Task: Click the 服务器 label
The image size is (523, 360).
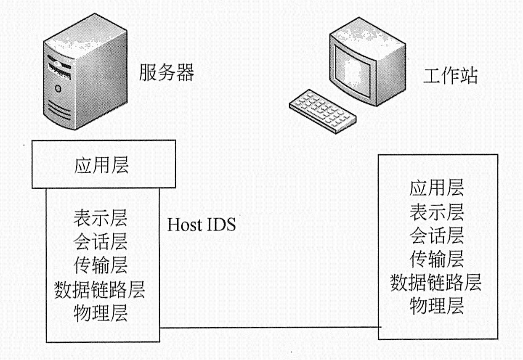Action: coord(166,73)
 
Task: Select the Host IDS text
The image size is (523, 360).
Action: coord(202,225)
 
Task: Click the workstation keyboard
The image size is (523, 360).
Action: coord(322,111)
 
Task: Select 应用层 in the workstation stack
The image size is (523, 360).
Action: coord(436,187)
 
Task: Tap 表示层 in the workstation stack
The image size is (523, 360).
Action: coord(436,212)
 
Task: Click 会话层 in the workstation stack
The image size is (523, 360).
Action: coord(436,235)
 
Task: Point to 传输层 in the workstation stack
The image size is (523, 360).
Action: coord(436,258)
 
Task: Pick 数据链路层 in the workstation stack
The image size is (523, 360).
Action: coord(436,282)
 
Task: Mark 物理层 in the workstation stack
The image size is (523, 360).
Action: coord(436,305)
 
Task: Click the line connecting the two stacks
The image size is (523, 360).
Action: coord(269,327)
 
